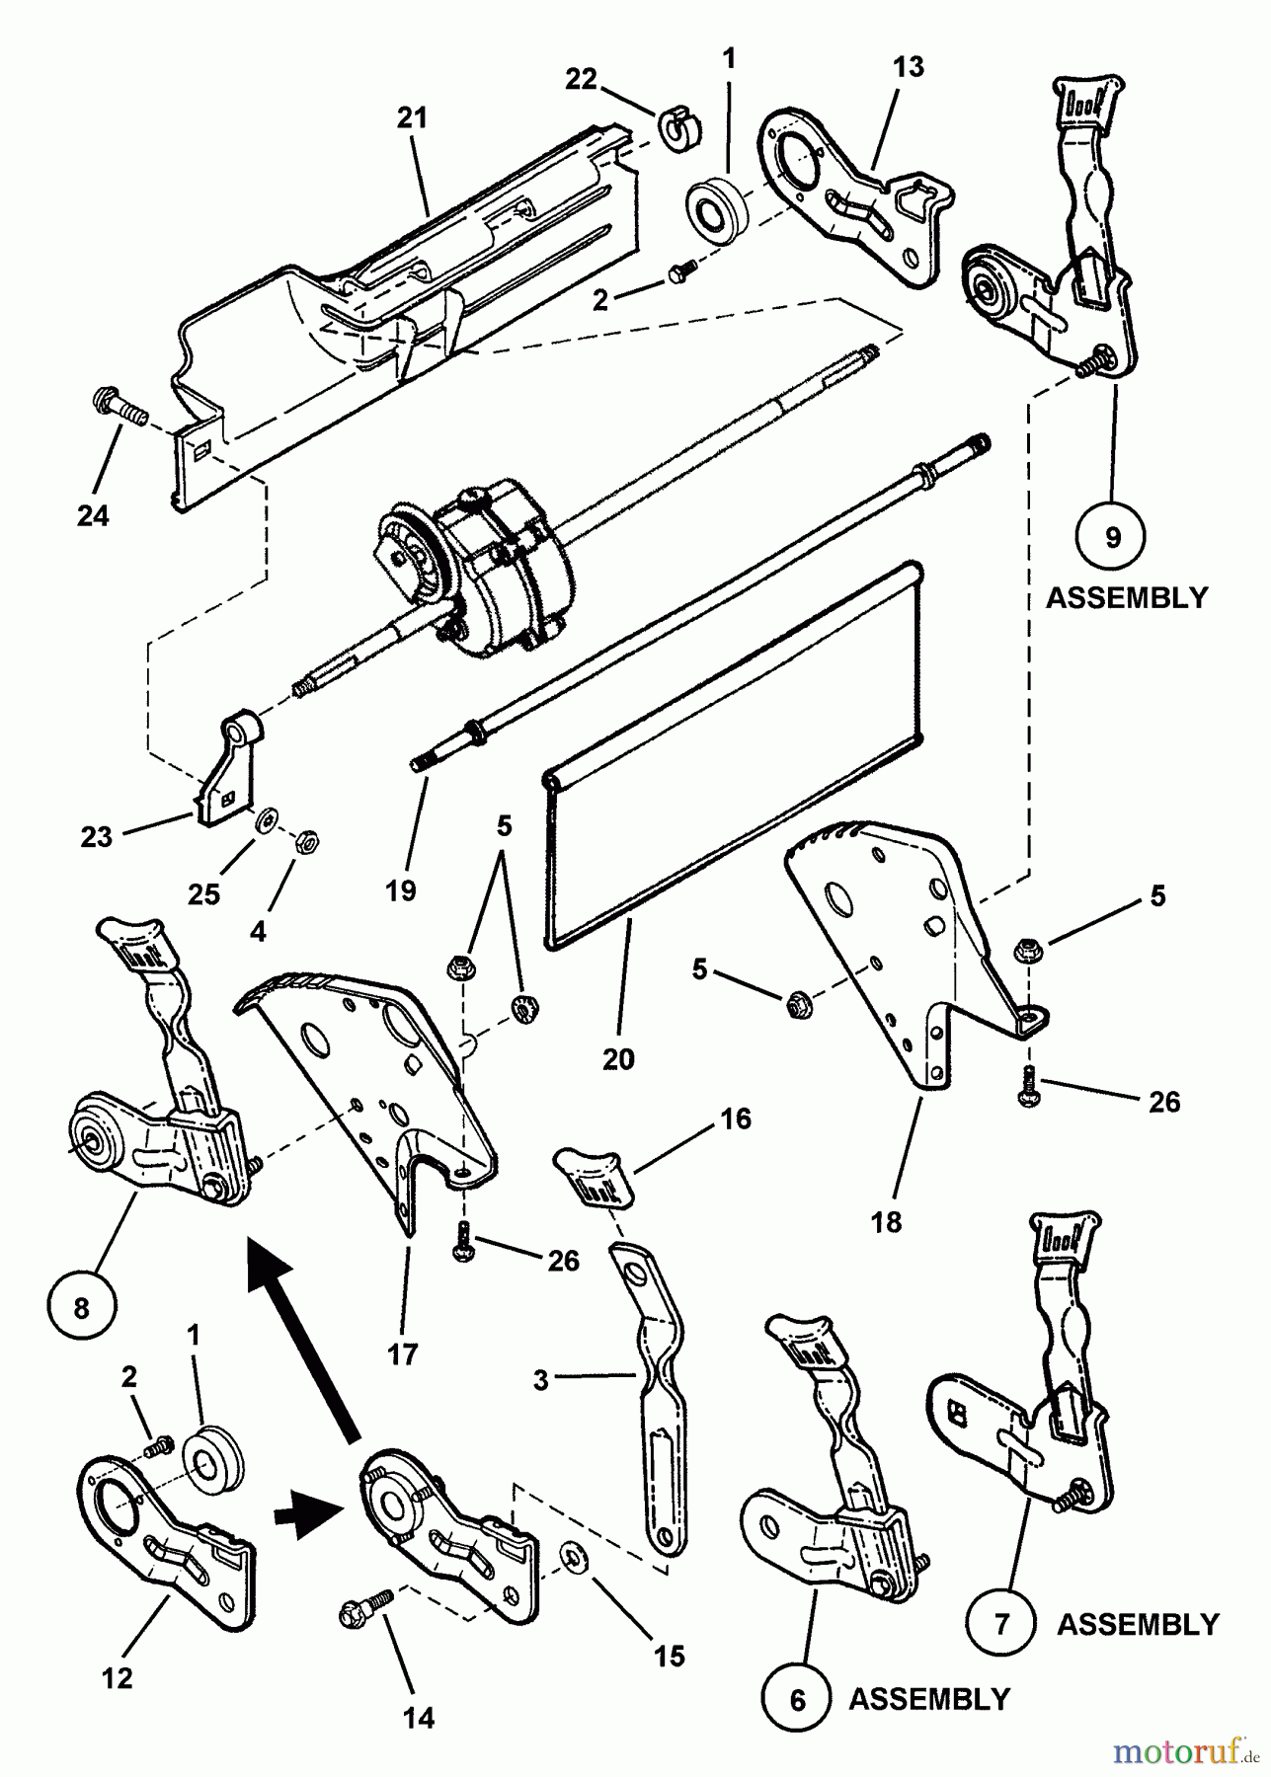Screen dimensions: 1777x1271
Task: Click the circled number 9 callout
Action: [1113, 538]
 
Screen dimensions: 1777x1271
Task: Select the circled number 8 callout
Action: [81, 1309]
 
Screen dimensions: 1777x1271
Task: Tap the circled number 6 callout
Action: [797, 1699]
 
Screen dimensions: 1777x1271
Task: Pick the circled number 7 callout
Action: [1002, 1624]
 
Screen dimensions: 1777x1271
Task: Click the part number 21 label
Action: [413, 118]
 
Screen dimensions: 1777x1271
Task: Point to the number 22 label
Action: [581, 78]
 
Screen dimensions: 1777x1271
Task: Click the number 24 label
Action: [93, 515]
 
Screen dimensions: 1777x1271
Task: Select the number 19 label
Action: [402, 889]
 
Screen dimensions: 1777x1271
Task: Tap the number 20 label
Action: [618, 1058]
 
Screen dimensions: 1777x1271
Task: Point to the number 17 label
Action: [402, 1354]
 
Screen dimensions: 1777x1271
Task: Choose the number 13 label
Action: [909, 67]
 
